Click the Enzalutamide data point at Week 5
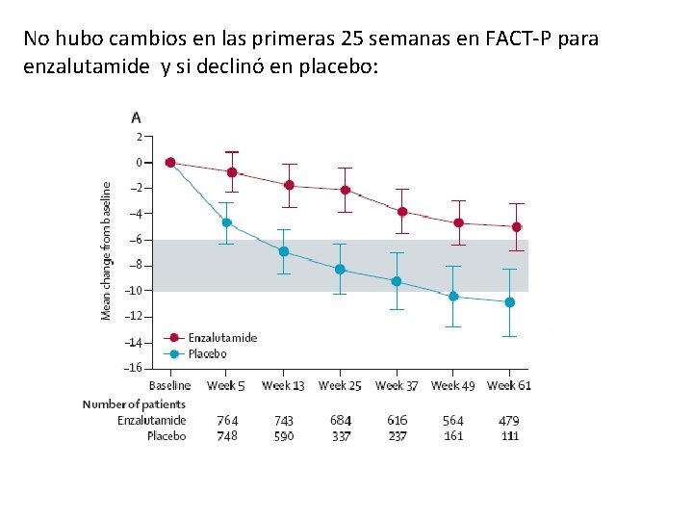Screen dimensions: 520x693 click(x=232, y=172)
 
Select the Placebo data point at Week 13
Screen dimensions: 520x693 click(x=284, y=251)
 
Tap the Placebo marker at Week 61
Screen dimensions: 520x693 click(x=510, y=302)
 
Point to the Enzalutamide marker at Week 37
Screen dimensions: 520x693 click(x=402, y=212)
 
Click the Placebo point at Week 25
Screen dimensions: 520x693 click(x=340, y=270)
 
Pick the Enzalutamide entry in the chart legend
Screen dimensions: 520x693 click(x=221, y=338)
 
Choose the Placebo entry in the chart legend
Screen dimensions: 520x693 click(x=207, y=353)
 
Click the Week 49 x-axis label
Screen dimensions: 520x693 click(x=452, y=386)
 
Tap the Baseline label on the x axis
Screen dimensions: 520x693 click(x=169, y=386)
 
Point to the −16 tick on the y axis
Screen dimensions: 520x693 click(x=134, y=368)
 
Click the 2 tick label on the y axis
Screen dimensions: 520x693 click(x=138, y=137)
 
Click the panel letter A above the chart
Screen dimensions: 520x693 click(x=136, y=117)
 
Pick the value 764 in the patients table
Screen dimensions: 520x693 click(x=227, y=421)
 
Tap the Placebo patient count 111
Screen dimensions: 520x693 click(x=510, y=436)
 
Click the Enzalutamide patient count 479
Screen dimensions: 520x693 click(x=510, y=421)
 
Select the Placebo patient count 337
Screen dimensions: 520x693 click(x=341, y=436)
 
